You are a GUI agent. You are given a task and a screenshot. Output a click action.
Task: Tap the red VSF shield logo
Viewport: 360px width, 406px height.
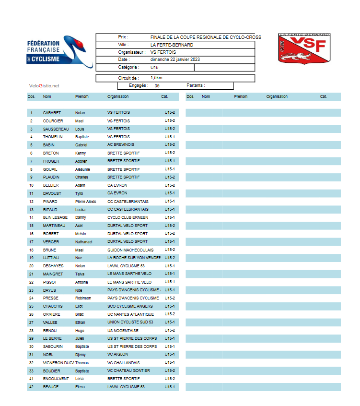(x=304, y=48)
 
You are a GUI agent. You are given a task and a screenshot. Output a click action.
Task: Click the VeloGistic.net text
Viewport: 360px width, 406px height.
(x=44, y=86)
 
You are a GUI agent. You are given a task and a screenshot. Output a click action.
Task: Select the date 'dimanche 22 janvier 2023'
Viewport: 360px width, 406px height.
(x=175, y=60)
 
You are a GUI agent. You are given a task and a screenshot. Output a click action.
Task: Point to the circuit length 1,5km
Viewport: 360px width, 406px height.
(x=157, y=78)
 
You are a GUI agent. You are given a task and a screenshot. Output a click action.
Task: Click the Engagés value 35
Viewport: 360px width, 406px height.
(x=157, y=86)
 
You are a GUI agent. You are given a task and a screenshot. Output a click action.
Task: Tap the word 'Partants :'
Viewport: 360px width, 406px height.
(x=196, y=86)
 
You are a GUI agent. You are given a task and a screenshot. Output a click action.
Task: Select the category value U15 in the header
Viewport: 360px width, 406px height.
(x=154, y=68)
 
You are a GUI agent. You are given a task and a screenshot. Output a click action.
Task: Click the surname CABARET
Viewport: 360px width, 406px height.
(x=52, y=113)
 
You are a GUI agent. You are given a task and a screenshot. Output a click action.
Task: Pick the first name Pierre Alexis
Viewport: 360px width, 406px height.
(x=86, y=202)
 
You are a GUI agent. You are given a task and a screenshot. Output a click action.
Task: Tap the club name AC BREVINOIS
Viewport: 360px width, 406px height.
(x=121, y=145)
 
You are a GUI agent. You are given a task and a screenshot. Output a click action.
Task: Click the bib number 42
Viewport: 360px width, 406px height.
(x=31, y=387)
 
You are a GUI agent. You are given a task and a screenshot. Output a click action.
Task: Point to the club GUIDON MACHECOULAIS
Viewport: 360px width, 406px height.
(x=130, y=250)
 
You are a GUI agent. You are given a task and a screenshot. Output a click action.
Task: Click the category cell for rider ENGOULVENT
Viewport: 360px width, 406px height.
(x=170, y=379)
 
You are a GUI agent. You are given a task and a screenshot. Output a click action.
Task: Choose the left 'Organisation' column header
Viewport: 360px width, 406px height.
(x=118, y=96)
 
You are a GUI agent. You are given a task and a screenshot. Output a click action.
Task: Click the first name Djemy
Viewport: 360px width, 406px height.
(x=81, y=355)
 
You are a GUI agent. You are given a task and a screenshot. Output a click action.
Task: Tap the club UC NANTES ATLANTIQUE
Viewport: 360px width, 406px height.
(x=130, y=314)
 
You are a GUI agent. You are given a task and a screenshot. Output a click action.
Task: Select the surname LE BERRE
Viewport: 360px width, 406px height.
(x=52, y=338)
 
